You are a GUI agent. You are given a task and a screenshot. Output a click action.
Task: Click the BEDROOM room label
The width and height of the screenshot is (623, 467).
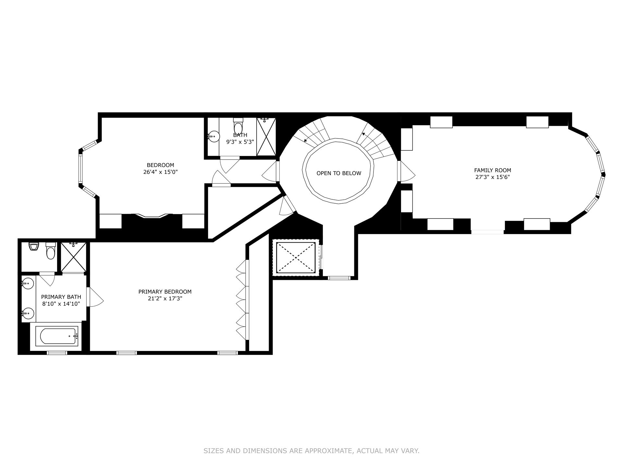[160, 165]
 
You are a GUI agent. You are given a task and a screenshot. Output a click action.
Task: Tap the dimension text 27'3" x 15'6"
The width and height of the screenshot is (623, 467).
[493, 177]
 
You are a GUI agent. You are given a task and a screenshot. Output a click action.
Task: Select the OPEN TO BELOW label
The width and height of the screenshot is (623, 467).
[339, 173]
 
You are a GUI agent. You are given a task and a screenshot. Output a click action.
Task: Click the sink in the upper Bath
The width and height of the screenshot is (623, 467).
[214, 137]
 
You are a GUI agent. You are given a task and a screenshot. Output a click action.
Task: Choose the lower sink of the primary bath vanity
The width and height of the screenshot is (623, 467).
[28, 313]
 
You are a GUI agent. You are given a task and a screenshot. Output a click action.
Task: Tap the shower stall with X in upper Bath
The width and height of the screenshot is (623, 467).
[266, 137]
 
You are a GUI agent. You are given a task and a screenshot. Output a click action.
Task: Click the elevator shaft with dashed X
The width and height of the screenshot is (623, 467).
[296, 257]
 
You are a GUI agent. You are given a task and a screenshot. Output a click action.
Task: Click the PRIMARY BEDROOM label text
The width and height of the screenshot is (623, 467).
[165, 292]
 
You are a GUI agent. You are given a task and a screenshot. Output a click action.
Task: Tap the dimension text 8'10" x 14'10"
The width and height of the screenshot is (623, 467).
[61, 304]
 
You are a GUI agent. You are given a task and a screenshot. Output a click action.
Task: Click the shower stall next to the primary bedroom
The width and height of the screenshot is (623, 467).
[74, 257]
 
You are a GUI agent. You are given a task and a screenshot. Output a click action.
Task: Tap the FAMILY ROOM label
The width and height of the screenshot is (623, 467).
[493, 170]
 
